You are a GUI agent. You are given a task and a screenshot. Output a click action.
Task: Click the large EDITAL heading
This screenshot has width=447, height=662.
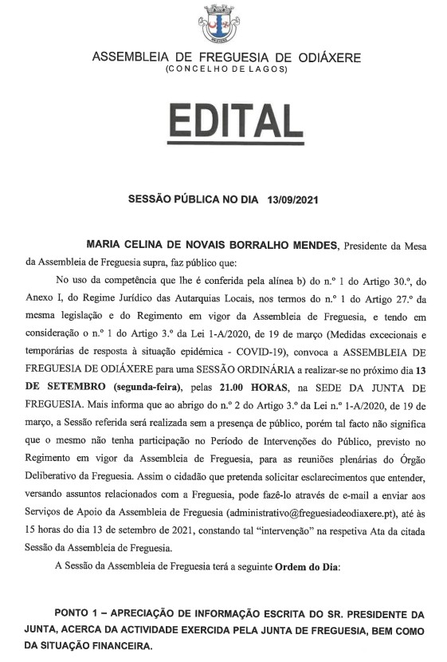[226, 124]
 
